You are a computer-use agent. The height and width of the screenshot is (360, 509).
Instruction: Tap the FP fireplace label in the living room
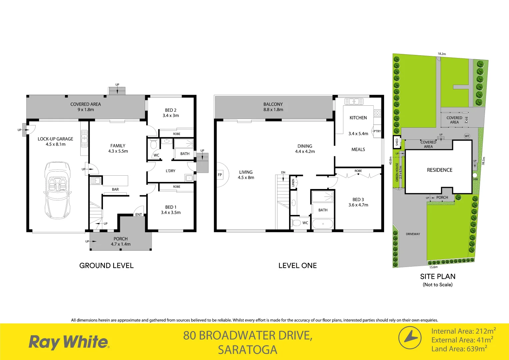point(220,175)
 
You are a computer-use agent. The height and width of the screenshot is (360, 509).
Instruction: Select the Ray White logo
point(69,342)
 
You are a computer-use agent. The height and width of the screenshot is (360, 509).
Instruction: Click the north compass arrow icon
point(410,338)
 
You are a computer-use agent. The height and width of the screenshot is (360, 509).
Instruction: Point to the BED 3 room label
point(358,200)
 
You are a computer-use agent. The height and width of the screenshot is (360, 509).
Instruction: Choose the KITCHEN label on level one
point(358,118)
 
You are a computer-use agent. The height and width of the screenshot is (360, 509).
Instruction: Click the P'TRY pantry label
point(377,131)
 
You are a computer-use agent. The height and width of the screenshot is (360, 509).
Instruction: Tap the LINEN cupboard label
point(293,183)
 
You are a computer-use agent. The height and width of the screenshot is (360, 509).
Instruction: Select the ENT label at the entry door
point(139,215)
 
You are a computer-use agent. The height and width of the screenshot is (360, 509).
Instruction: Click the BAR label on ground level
point(115,189)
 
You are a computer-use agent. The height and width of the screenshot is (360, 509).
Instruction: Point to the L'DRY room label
point(171,171)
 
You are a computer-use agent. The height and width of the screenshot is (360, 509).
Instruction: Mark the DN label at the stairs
point(283,172)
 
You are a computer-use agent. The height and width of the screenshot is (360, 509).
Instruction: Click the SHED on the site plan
point(397,142)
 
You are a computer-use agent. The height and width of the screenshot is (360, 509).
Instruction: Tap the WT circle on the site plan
point(467,136)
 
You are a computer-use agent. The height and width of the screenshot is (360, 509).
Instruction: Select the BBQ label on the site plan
point(466,120)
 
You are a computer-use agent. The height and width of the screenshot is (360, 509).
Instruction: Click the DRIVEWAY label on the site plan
point(413,234)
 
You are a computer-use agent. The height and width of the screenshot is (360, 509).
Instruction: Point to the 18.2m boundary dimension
point(442,54)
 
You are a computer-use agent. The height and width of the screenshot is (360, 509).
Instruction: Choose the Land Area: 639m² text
point(459,349)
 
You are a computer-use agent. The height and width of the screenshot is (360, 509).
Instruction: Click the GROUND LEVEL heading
point(106,266)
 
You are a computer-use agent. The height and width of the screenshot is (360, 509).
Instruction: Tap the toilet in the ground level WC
point(154,145)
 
